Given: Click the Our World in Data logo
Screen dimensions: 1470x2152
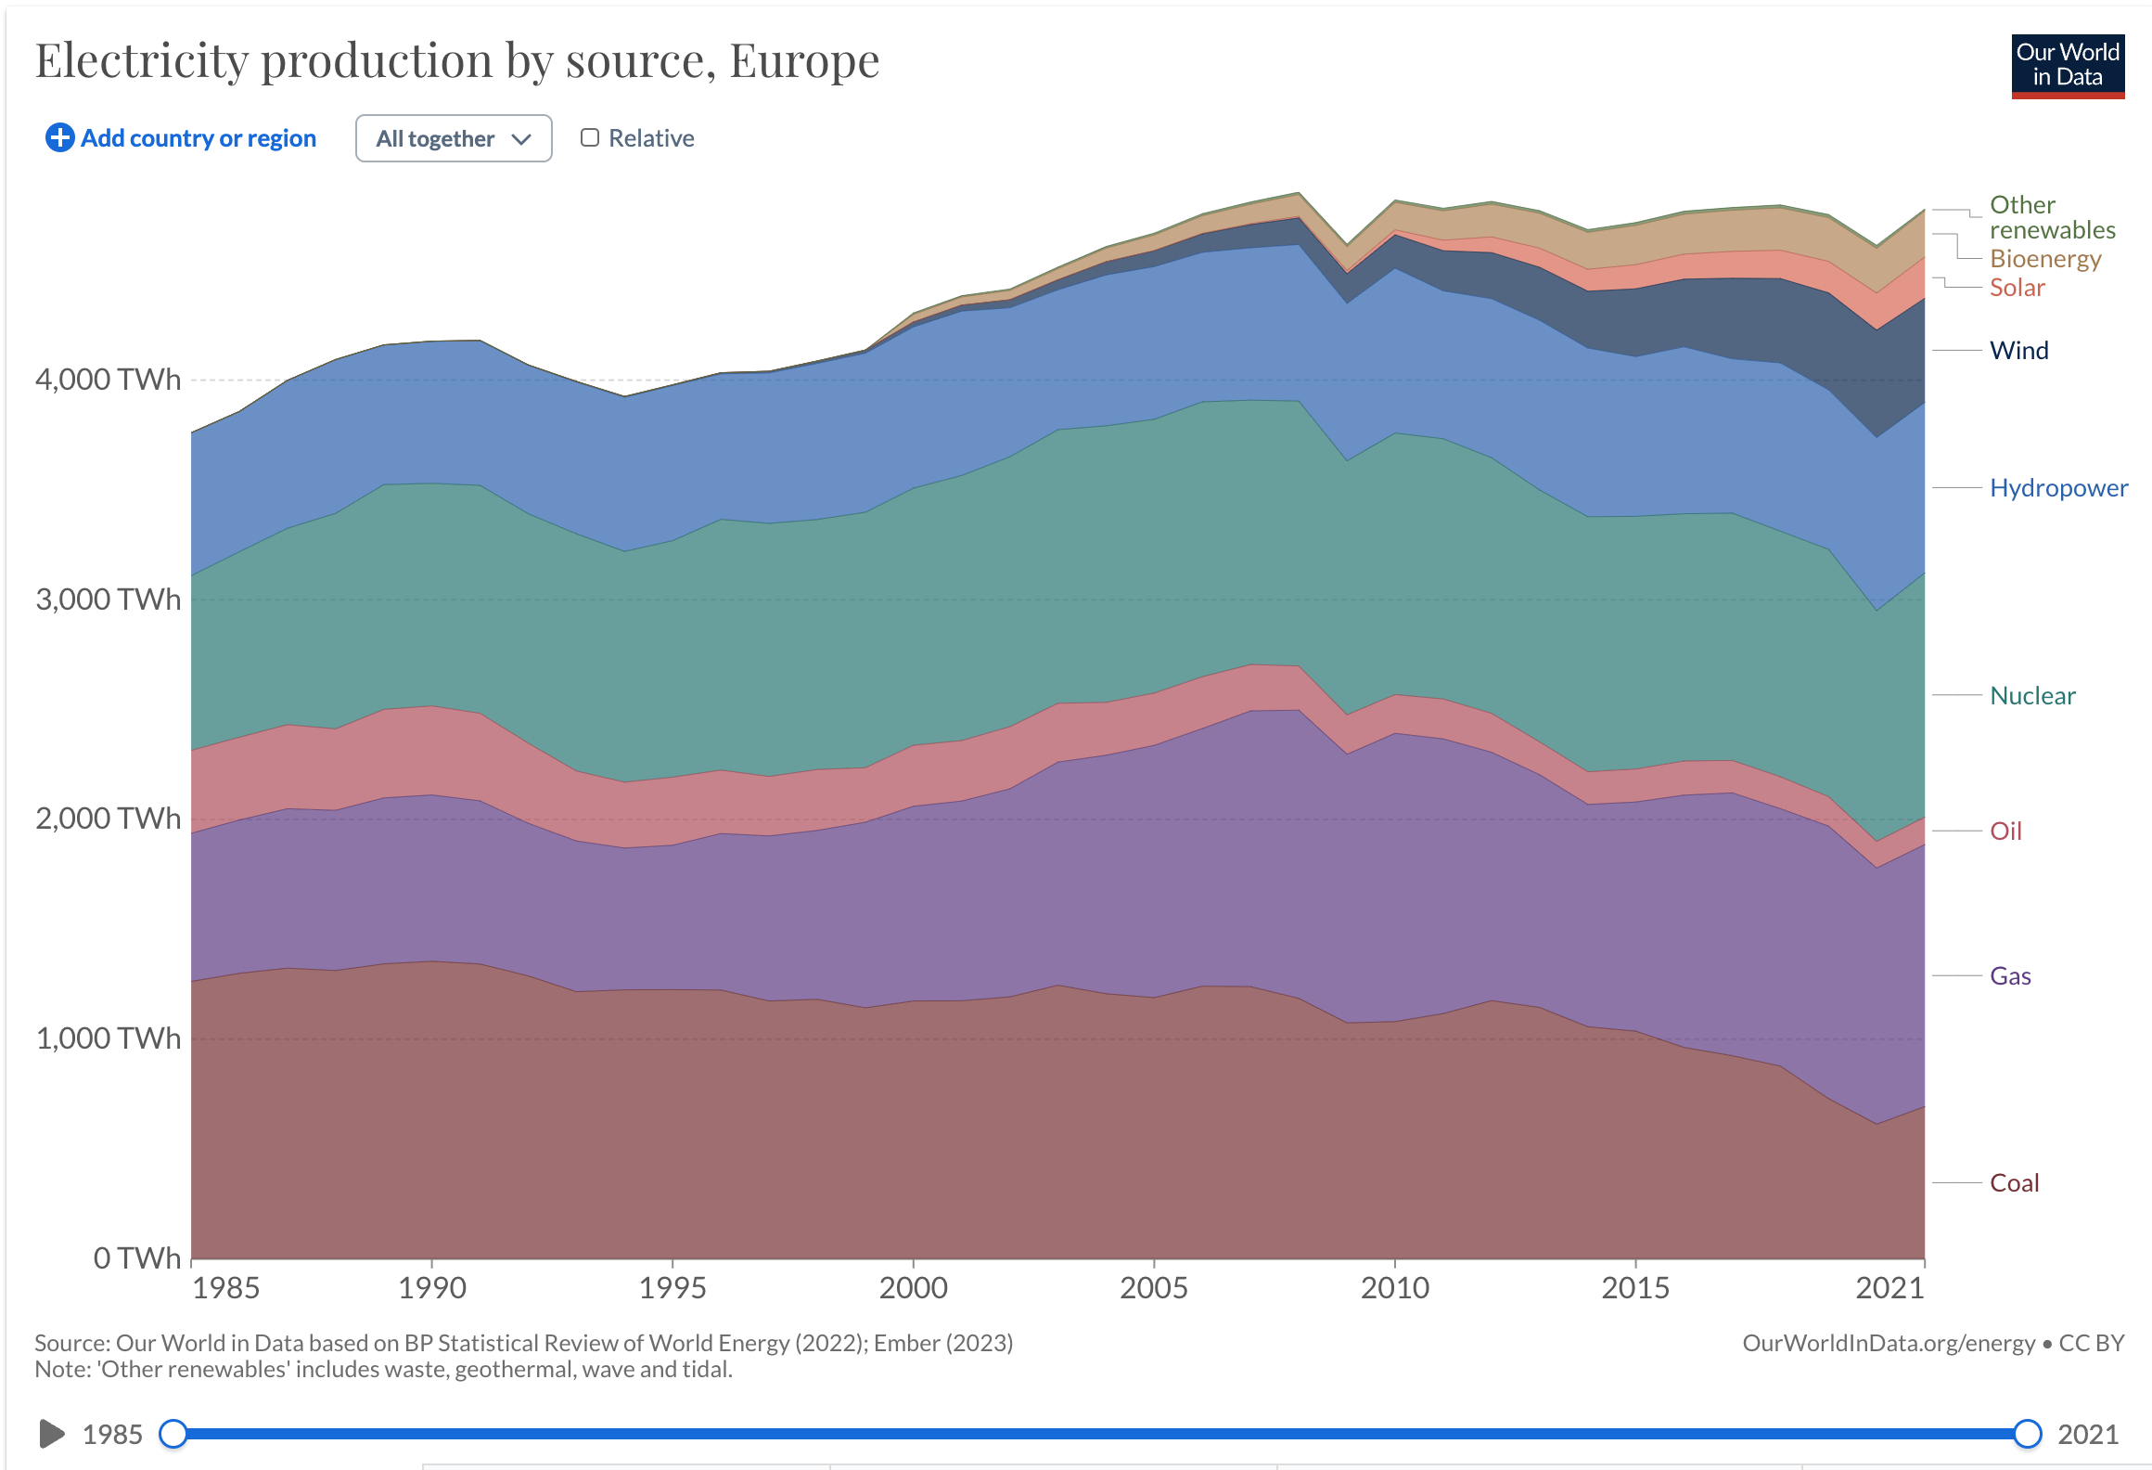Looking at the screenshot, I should click(x=2067, y=66).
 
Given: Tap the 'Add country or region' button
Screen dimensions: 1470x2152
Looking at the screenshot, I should click(x=181, y=138).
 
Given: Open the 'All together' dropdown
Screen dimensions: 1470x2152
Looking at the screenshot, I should click(x=454, y=138).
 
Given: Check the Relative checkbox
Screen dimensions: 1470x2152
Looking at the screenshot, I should click(x=590, y=138).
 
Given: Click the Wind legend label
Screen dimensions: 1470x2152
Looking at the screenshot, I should click(x=2018, y=351).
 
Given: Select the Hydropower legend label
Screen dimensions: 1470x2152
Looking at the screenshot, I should click(x=2058, y=488).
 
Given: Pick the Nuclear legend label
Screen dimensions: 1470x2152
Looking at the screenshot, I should click(x=2032, y=696).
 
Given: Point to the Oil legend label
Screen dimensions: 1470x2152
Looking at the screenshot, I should click(x=2005, y=832).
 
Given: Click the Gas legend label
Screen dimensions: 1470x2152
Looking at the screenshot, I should click(x=2010, y=976).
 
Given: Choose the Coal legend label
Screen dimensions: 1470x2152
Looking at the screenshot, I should click(x=2014, y=1183).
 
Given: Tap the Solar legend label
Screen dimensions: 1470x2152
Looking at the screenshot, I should click(x=2017, y=288).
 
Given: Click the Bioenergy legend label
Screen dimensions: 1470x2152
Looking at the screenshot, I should click(x=2044, y=259).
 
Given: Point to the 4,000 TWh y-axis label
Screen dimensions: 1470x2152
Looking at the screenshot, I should click(x=108, y=380).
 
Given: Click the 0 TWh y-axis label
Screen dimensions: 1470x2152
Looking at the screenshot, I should click(x=136, y=1257).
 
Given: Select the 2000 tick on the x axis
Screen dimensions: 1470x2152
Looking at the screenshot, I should click(x=913, y=1287).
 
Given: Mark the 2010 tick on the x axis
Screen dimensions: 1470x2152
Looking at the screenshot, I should click(x=1394, y=1287).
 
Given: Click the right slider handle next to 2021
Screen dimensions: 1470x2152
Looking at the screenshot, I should click(x=2028, y=1434).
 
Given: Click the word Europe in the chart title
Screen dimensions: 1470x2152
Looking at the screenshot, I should click(x=803, y=61).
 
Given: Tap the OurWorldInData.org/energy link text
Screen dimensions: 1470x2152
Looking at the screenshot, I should click(x=1888, y=1343).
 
